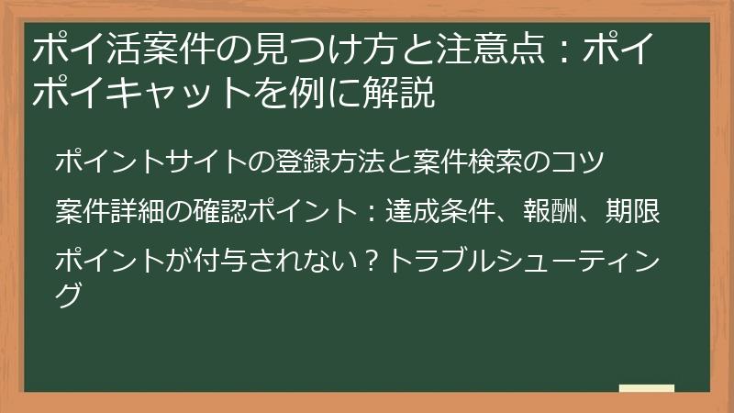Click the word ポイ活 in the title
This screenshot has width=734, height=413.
[78, 48]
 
